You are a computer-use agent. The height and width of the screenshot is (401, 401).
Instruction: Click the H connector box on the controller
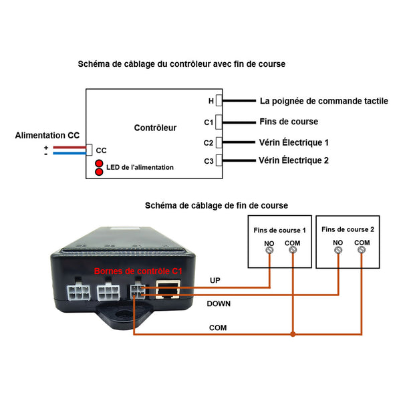219,100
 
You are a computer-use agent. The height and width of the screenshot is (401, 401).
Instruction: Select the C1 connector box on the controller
219,122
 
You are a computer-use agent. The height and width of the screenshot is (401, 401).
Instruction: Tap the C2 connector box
219,142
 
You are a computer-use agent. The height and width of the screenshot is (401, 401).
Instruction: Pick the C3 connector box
219,160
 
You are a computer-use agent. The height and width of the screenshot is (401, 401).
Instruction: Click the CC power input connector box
89,150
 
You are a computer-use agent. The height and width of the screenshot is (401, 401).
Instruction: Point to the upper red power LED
99,164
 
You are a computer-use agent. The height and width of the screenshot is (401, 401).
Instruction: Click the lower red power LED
99,172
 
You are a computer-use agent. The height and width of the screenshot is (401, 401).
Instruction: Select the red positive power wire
70,147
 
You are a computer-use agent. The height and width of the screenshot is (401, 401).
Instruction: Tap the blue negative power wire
70,153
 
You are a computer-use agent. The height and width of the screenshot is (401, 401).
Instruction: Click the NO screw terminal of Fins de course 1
269,250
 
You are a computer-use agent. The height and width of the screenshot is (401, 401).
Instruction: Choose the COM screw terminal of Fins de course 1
293,249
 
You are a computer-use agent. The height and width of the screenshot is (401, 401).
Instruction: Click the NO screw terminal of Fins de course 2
338,250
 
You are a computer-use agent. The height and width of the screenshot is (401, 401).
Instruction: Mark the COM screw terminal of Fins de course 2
361,249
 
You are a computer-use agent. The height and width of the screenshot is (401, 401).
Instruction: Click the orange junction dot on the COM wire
293,334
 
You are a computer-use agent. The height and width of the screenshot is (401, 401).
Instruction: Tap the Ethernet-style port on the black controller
168,289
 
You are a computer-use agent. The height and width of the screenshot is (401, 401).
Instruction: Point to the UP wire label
215,281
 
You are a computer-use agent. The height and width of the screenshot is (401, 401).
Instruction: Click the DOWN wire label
219,303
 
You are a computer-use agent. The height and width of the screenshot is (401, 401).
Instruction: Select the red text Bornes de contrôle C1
138,271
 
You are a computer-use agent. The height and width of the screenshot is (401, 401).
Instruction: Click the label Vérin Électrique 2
293,160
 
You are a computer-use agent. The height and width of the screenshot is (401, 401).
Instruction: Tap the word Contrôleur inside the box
155,128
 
